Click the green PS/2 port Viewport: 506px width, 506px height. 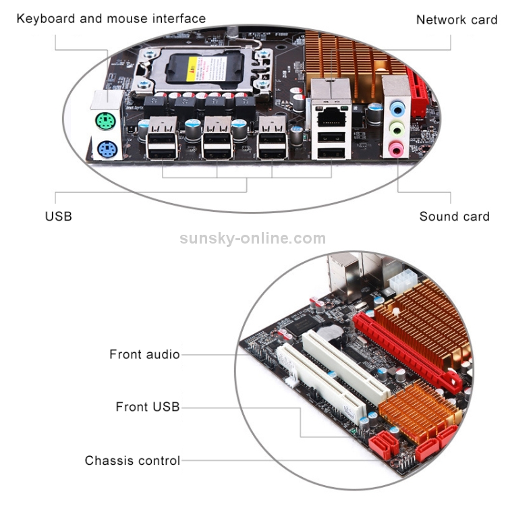click(105, 122)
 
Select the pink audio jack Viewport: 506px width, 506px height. click(396, 147)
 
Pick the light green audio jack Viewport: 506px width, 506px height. click(397, 128)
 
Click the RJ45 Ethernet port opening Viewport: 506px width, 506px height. click(330, 115)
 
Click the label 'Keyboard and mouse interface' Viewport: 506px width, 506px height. click(111, 18)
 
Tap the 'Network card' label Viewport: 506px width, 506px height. click(456, 20)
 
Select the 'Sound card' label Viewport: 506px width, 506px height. click(454, 217)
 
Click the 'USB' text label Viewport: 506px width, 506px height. click(58, 217)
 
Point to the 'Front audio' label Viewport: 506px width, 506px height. click(144, 354)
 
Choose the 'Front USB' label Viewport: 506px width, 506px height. click(148, 407)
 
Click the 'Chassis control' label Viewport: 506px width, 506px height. click(132, 461)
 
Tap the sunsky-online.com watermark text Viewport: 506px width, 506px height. click(252, 238)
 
